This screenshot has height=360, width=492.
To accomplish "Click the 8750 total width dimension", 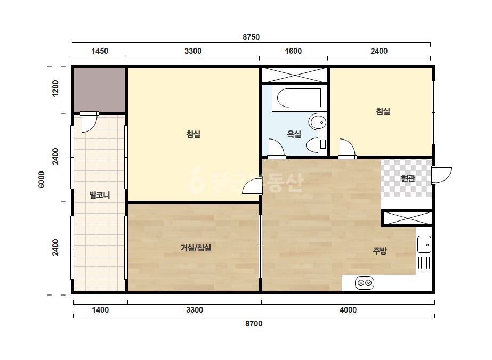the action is click(x=251, y=37).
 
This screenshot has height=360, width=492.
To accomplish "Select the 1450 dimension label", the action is click(x=100, y=51).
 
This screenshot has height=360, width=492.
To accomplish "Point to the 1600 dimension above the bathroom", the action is click(x=293, y=51).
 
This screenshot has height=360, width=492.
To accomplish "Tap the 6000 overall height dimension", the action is click(x=42, y=180).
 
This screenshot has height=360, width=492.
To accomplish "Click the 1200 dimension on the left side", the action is click(x=55, y=89).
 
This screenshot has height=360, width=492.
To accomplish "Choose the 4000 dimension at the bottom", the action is click(x=348, y=310).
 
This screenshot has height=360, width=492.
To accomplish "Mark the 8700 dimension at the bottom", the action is click(x=254, y=324).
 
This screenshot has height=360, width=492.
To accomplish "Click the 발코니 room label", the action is click(x=100, y=195).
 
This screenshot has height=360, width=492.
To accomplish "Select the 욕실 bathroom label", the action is click(x=294, y=134).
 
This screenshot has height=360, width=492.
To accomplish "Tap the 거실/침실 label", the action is click(x=196, y=248).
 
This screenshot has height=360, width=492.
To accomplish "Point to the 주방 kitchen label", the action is click(x=380, y=250).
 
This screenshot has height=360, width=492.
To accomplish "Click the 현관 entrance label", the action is click(x=408, y=178).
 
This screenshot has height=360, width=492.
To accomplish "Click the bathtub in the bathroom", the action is click(x=296, y=98).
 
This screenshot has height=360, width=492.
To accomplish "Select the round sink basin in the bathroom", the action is click(x=318, y=122).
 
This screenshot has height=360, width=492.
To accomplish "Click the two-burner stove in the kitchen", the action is click(x=365, y=283).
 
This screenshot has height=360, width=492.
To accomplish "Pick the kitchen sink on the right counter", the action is click(x=424, y=244).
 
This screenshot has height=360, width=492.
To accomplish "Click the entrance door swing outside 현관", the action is click(x=443, y=175).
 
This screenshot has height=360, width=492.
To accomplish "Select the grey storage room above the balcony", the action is click(x=100, y=90).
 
